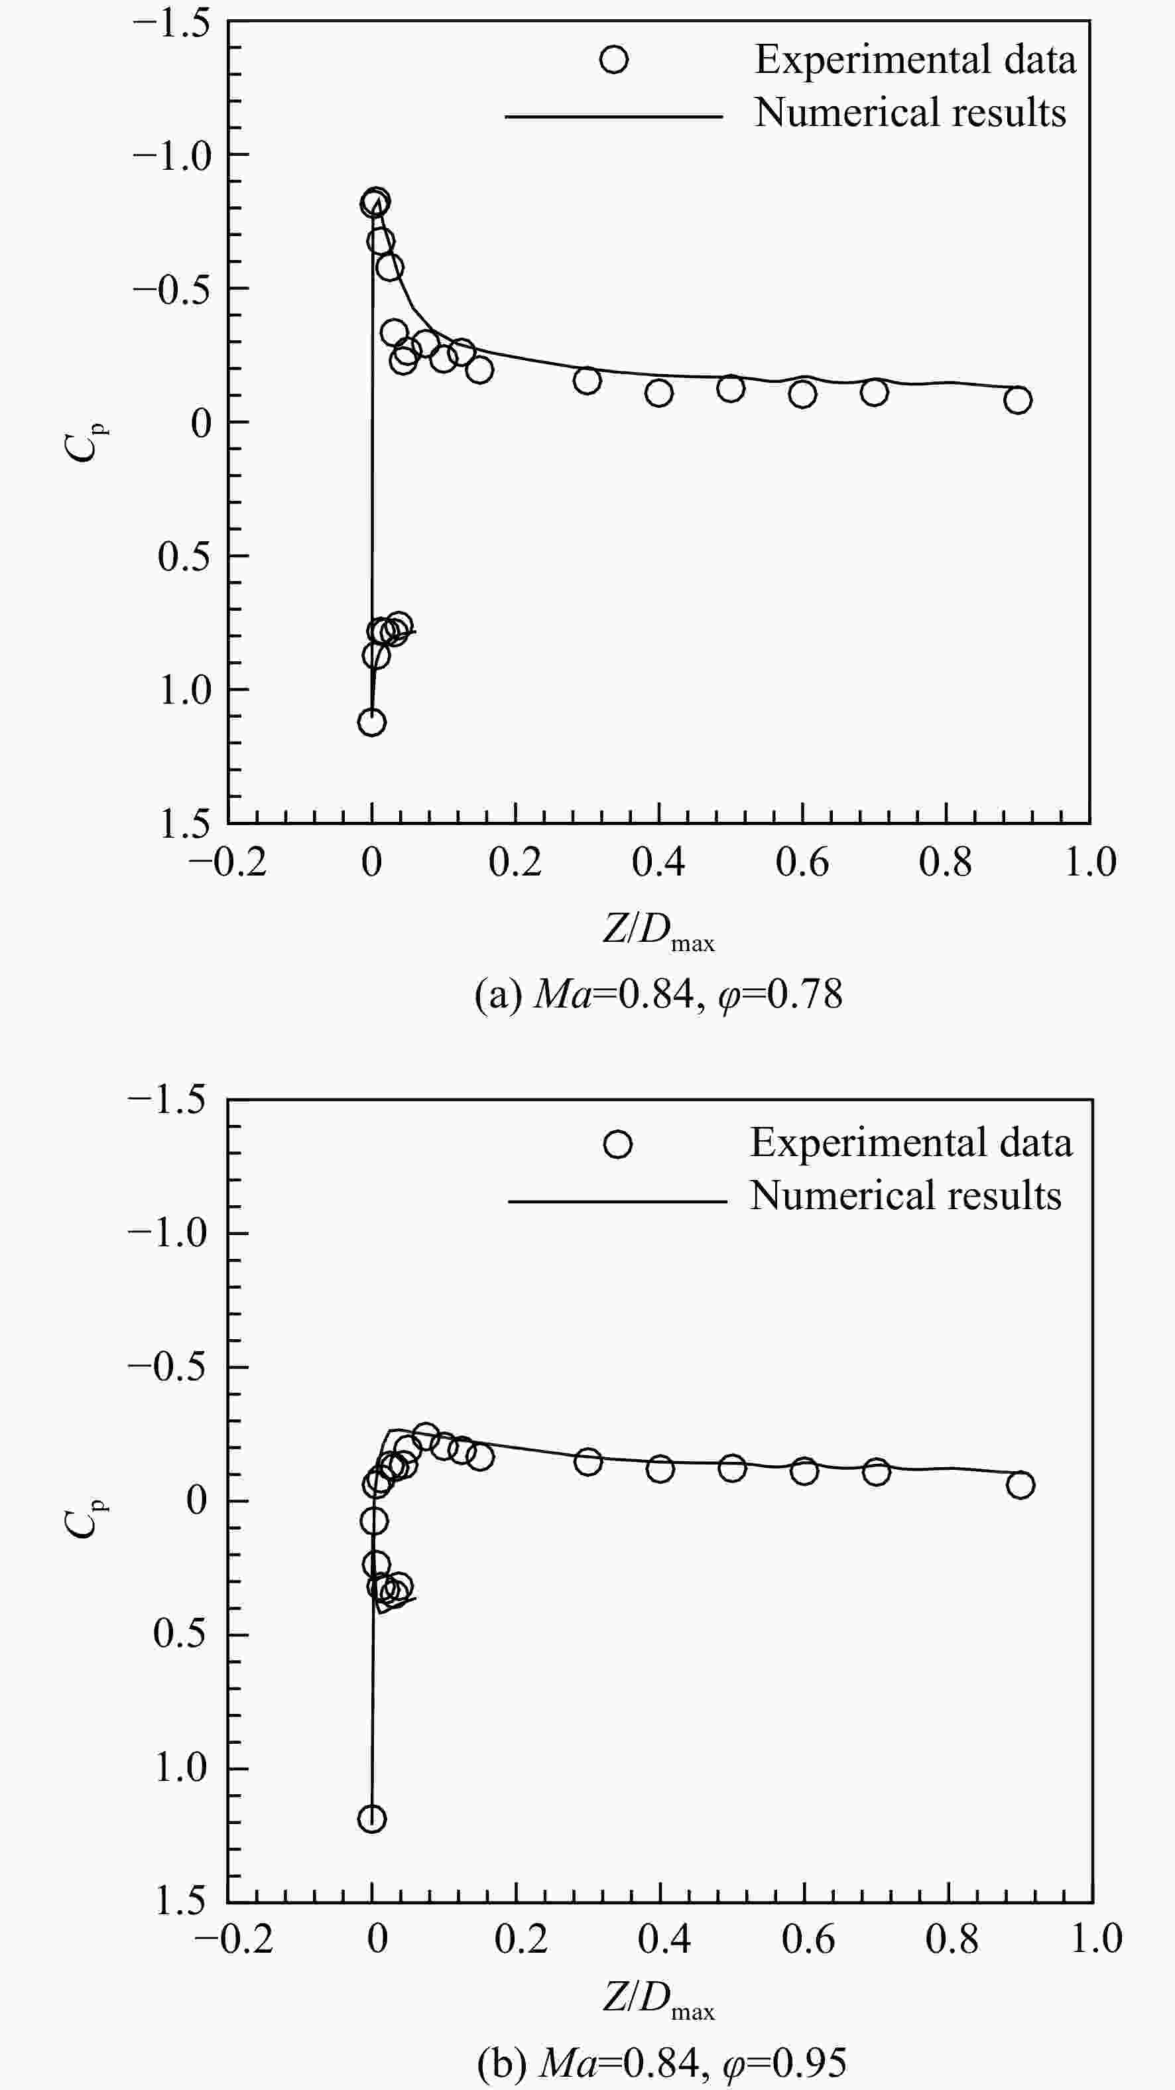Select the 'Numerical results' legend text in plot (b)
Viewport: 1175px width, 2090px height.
click(906, 1195)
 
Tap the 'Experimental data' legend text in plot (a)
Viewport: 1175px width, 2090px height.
click(916, 59)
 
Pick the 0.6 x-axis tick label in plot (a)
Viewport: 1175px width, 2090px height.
click(802, 862)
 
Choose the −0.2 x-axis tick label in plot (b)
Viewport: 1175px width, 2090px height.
click(233, 1939)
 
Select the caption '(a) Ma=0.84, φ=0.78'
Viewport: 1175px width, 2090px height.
click(658, 994)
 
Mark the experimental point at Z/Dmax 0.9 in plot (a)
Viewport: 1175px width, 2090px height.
click(1018, 399)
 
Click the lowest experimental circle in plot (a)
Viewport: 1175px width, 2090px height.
click(371, 722)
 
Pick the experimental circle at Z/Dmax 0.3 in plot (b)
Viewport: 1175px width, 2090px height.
click(588, 1462)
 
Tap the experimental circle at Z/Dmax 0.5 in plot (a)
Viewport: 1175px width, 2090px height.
click(731, 389)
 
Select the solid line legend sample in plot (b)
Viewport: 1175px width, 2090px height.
click(617, 1201)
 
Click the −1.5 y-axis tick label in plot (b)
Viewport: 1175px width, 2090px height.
click(167, 1101)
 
